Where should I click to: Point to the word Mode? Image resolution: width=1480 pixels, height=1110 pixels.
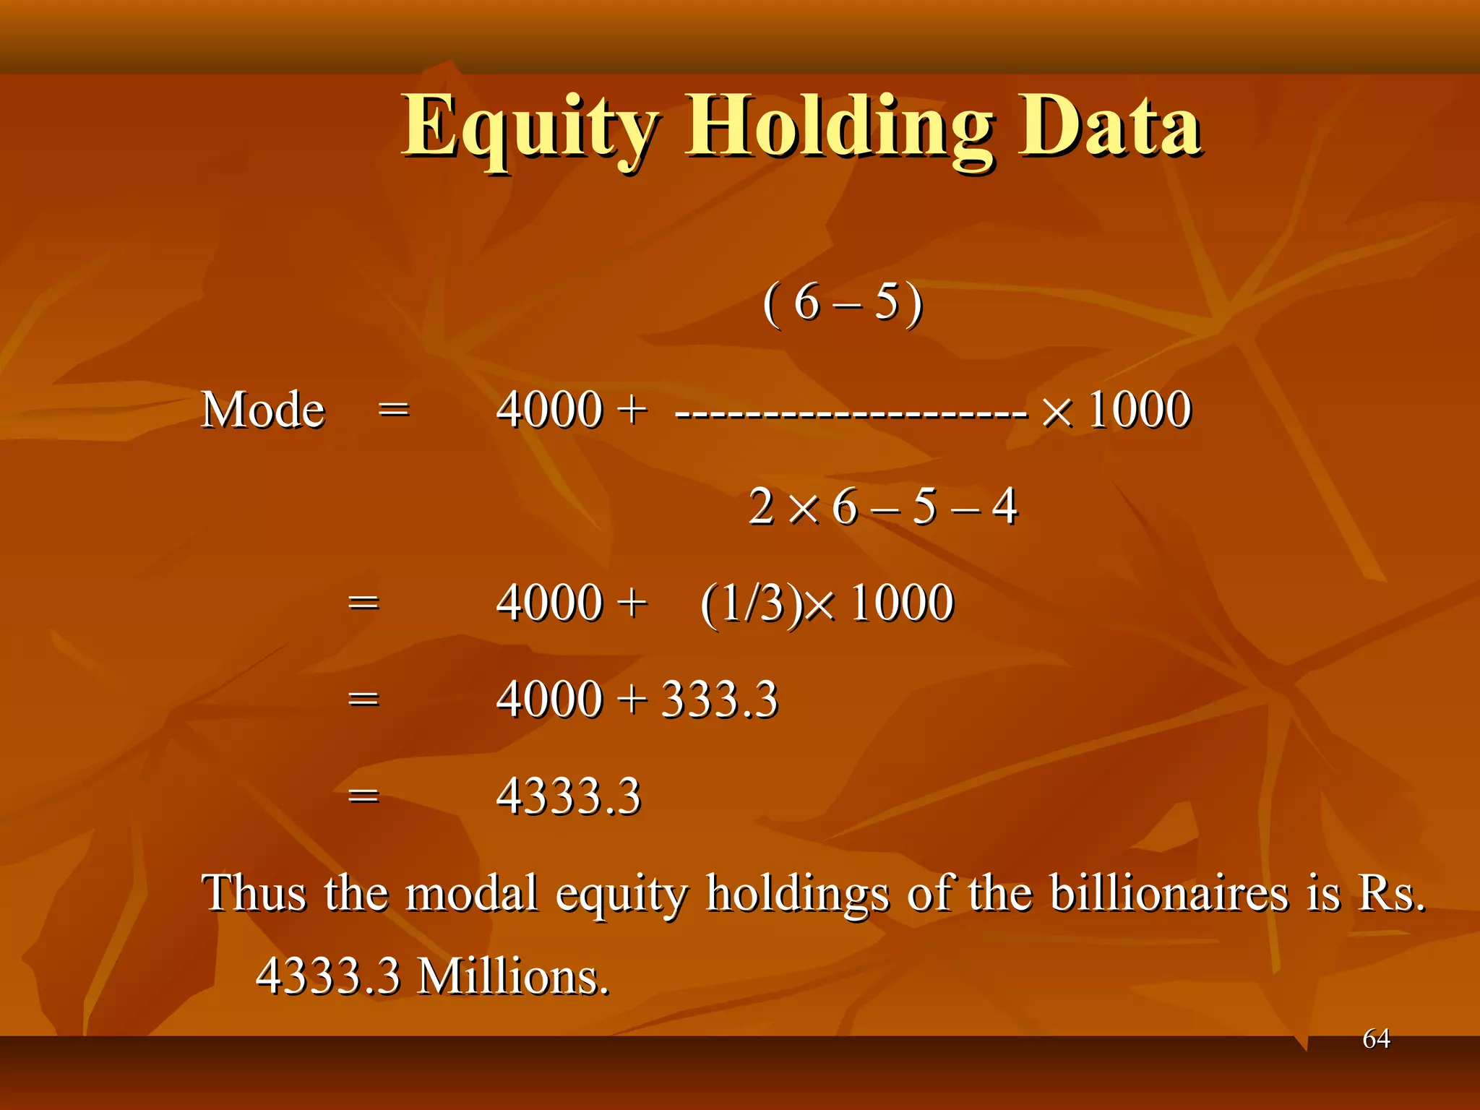[263, 410]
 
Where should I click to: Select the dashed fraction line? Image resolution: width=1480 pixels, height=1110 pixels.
[851, 414]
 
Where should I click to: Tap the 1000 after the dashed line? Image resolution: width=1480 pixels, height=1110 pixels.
[1140, 410]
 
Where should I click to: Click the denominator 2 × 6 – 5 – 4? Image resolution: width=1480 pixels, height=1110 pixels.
[883, 507]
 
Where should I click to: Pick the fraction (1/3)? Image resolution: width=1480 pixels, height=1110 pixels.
[752, 603]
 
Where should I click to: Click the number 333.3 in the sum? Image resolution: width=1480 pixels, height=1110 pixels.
[720, 700]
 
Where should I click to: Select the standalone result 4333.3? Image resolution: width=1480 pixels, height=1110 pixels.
[569, 796]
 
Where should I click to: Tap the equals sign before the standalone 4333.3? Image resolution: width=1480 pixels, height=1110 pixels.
[363, 796]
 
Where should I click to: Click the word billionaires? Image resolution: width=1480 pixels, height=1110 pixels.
[1169, 893]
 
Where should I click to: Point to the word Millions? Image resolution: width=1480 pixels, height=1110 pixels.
[514, 976]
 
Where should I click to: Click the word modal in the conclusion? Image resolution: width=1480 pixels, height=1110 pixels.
[472, 893]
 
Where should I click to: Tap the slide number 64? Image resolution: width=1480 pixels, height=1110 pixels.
[1376, 1038]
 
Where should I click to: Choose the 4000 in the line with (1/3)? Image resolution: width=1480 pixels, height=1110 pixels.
[549, 603]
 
